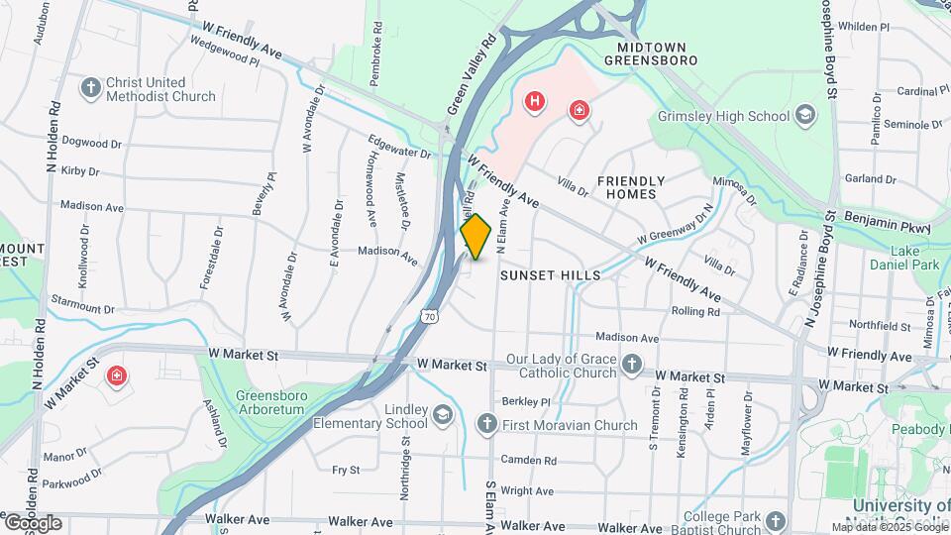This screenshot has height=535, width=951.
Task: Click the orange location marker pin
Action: tap(475, 236)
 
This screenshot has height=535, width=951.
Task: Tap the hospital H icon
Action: tap(535, 100)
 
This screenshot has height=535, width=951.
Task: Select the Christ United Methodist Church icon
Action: tap(91, 87)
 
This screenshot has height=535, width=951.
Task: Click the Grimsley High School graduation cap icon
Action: tap(805, 116)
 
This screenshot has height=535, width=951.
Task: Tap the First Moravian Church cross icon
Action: tap(485, 425)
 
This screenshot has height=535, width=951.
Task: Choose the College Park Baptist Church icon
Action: tap(775, 520)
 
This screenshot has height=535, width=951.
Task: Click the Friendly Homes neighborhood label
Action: tap(630, 187)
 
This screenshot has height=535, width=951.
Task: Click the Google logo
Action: tap(33, 522)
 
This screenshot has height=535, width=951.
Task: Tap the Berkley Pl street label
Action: tap(525, 402)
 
